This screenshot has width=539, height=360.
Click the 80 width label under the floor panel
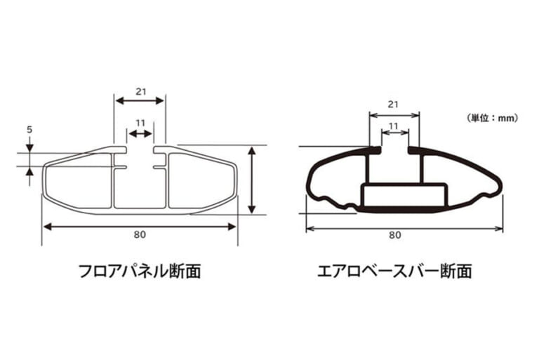click(x=140, y=234)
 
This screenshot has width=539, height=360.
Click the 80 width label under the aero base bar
click(x=395, y=235)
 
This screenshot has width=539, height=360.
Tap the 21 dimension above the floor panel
click(x=140, y=92)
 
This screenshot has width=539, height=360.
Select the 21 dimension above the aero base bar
click(x=393, y=104)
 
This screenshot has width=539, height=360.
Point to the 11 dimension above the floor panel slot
click(x=140, y=123)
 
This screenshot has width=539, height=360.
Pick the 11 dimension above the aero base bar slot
click(x=393, y=126)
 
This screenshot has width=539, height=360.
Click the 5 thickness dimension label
click(x=29, y=130)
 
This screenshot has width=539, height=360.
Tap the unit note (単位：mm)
click(x=492, y=119)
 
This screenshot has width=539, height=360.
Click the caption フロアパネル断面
click(x=140, y=271)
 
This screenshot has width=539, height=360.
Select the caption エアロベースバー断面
click(x=394, y=271)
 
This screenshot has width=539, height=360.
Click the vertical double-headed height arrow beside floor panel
click(x=252, y=180)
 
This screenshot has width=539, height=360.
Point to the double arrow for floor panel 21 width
click(x=140, y=101)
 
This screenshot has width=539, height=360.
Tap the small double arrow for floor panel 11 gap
click(x=140, y=134)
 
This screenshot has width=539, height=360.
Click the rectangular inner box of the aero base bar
click(x=404, y=196)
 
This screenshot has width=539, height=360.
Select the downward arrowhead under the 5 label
click(x=29, y=147)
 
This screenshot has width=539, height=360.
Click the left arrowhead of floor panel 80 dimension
click(x=48, y=227)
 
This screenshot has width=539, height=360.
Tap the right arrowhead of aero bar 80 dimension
click(x=498, y=229)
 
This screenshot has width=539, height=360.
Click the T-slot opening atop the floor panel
click(x=140, y=149)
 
